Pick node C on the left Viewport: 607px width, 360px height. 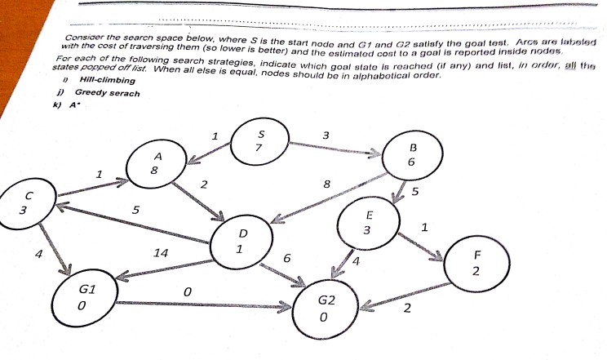click(x=28, y=203)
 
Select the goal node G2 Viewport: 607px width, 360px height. click(x=325, y=308)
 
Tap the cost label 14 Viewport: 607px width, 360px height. click(x=161, y=253)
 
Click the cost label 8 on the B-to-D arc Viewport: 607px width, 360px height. click(x=326, y=184)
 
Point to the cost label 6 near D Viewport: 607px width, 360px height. click(x=287, y=258)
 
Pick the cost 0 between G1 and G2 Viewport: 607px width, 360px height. click(x=188, y=291)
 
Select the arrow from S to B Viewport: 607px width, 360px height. click(x=335, y=148)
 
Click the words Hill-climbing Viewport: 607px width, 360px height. click(x=107, y=80)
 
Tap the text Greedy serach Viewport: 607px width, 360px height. click(x=107, y=92)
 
